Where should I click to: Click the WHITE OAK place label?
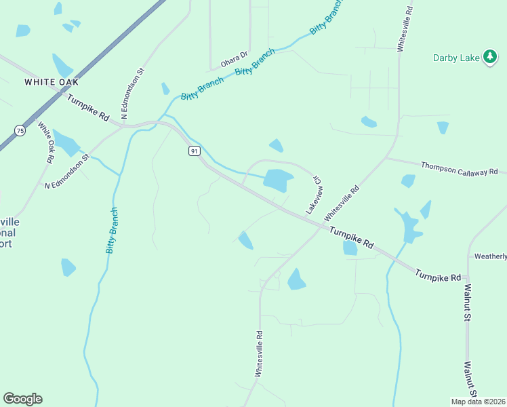tap(52, 82)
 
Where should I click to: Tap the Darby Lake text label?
tap(455, 58)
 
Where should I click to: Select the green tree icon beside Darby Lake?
tap(490, 57)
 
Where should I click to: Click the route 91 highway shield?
tap(195, 151)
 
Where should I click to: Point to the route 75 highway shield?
tap(20, 130)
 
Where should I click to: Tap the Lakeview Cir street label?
tap(312, 196)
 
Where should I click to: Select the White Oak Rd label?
tap(45, 142)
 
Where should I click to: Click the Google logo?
tap(22, 399)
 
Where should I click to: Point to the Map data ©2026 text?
tap(478, 402)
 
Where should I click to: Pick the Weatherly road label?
tap(490, 256)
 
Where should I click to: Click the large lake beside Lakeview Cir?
tap(278, 180)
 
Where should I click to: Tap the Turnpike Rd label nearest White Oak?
tap(88, 106)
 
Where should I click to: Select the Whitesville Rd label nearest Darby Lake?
tap(405, 30)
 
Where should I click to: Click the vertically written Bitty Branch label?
tap(113, 231)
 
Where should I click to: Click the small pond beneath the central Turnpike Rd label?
tap(350, 248)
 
